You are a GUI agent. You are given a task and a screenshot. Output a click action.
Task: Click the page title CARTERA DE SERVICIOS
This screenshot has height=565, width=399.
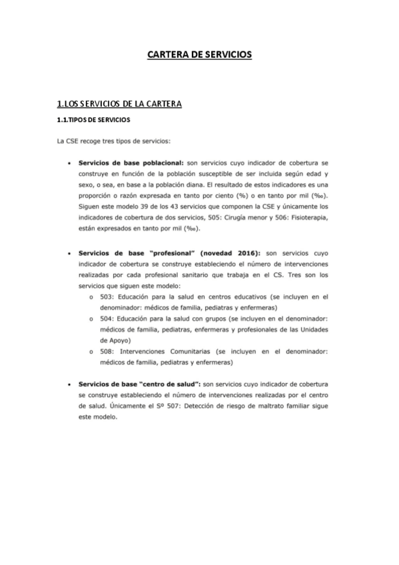[x=199, y=55]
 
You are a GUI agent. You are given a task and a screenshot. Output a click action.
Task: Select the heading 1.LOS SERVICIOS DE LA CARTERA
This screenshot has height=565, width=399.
[x=119, y=104]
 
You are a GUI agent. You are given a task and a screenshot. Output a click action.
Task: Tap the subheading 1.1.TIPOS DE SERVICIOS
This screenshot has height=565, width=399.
[x=93, y=121]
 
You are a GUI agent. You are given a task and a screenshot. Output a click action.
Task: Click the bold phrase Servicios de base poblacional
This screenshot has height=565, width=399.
[x=131, y=162]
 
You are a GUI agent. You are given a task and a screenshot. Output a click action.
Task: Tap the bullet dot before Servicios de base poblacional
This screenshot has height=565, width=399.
[x=69, y=162]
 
